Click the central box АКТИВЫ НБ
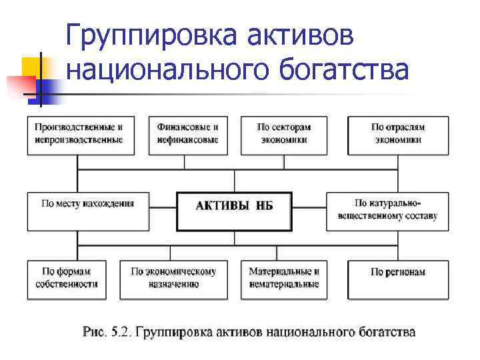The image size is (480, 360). (235, 211)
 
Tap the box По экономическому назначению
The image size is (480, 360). (174, 279)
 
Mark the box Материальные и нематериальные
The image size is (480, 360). (284, 279)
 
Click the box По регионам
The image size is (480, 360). (398, 279)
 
